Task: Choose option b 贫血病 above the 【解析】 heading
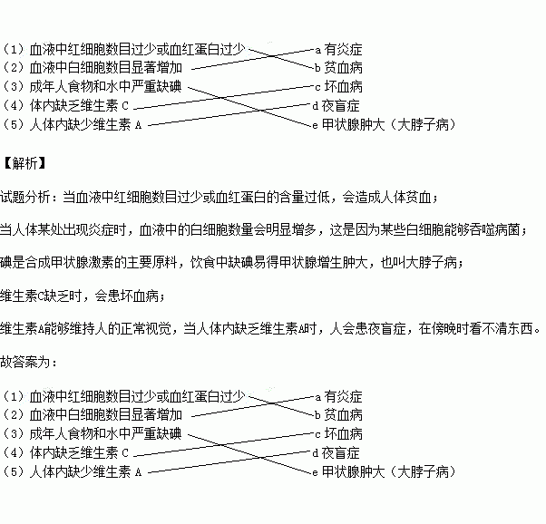338,67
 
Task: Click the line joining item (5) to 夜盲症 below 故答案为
227,462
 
